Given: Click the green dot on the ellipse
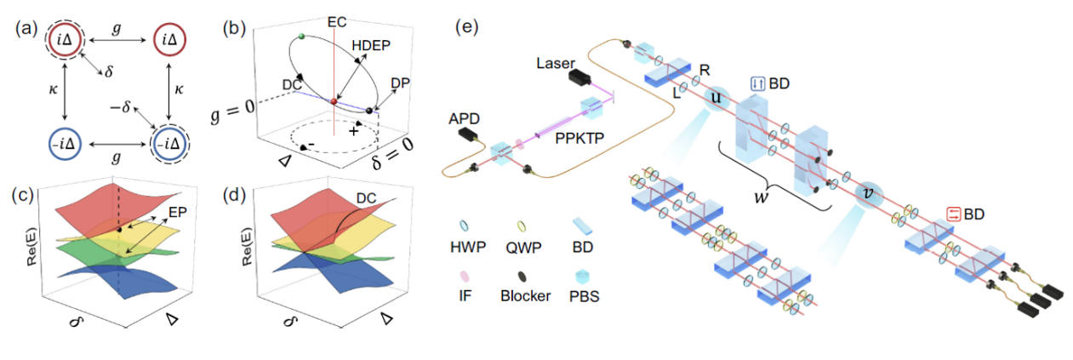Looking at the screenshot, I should point(300,37).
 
